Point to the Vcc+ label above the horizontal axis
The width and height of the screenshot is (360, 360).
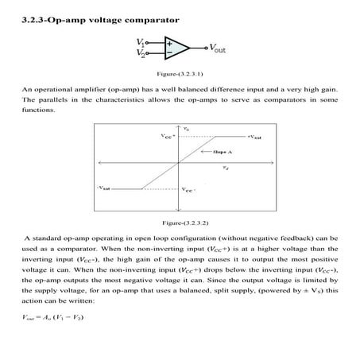[x=165, y=136]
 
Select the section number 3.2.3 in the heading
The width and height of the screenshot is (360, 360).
[x=34, y=17]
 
